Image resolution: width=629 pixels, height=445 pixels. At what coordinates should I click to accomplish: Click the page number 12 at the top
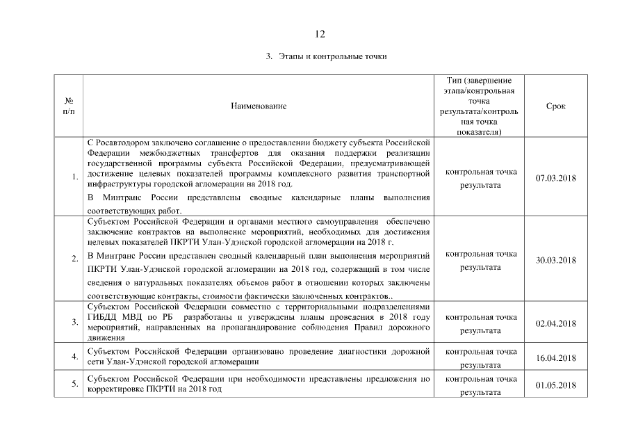[319, 33]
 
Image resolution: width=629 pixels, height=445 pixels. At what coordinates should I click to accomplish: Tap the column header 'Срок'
[555, 106]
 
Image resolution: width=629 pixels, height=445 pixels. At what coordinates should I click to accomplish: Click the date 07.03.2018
[555, 178]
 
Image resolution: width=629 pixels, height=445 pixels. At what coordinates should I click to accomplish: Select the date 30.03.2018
[555, 260]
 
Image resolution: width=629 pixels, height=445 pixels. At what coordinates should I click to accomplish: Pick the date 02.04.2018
[555, 323]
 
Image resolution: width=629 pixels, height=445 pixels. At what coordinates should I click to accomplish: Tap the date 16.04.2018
[555, 358]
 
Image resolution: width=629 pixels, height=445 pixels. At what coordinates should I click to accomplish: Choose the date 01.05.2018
[555, 385]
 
